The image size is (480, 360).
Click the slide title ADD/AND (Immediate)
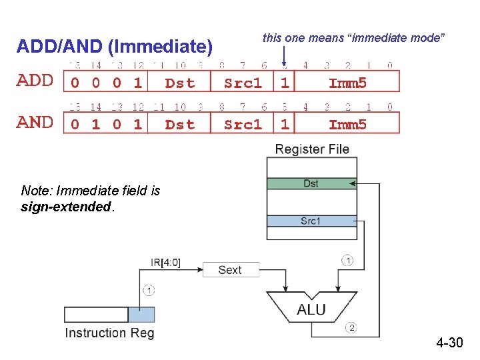114,47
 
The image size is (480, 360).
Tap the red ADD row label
35,81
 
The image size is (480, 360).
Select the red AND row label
35,122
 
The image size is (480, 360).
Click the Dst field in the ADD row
179,83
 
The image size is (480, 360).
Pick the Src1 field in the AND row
243,124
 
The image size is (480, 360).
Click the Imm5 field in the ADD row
347,83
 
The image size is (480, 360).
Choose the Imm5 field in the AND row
347,124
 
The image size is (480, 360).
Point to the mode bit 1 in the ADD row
285,83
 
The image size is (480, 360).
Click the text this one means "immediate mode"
353,38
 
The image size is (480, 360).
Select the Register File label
312,149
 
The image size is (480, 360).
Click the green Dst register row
311,183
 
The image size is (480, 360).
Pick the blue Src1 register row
311,221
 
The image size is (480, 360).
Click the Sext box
230,270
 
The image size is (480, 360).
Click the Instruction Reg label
109,333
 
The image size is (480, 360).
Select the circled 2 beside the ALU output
351,327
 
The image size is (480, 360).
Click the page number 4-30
449,343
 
